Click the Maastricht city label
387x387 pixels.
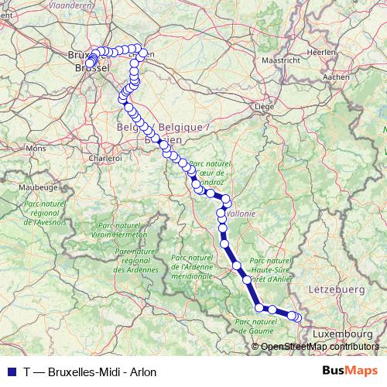coord(281,60)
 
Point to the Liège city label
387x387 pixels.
coord(265,106)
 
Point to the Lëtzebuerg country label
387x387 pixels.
coord(337,289)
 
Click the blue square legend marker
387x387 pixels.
coord(9,372)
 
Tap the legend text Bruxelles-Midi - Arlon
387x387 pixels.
coord(102,372)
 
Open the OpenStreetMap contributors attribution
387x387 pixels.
coord(319,347)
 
